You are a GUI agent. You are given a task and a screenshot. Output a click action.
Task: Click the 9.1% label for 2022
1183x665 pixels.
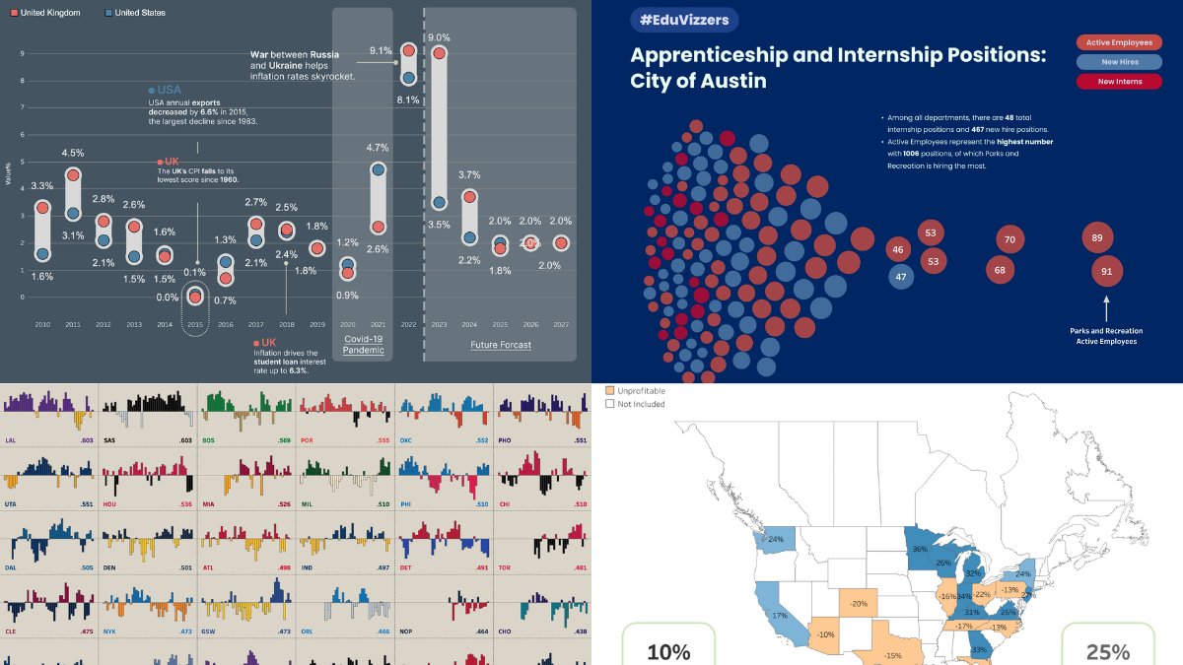pyautogui.click(x=381, y=50)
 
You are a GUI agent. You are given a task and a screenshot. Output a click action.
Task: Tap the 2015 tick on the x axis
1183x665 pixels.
pyautogui.click(x=195, y=324)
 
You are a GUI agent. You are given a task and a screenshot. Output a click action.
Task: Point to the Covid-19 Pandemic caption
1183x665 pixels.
pyautogui.click(x=363, y=344)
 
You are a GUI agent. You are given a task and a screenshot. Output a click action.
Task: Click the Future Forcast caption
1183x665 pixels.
pyautogui.click(x=500, y=345)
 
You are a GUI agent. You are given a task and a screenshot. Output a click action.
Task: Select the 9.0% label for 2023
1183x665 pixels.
pyautogui.click(x=440, y=37)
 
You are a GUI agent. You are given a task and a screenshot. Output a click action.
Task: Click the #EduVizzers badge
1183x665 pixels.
pyautogui.click(x=684, y=21)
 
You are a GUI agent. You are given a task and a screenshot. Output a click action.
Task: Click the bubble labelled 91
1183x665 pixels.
pyautogui.click(x=1106, y=272)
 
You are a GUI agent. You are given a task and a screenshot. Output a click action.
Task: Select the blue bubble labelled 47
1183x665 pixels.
pyautogui.click(x=900, y=277)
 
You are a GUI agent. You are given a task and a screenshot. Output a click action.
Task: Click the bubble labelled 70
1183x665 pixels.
pyautogui.click(x=1009, y=239)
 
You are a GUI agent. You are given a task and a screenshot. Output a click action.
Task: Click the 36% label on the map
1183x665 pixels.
pyautogui.click(x=919, y=550)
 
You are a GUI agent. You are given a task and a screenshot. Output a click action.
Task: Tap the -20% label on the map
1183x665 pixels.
pyautogui.click(x=860, y=604)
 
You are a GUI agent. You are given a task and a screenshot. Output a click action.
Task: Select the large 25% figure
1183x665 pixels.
pyautogui.click(x=1108, y=651)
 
